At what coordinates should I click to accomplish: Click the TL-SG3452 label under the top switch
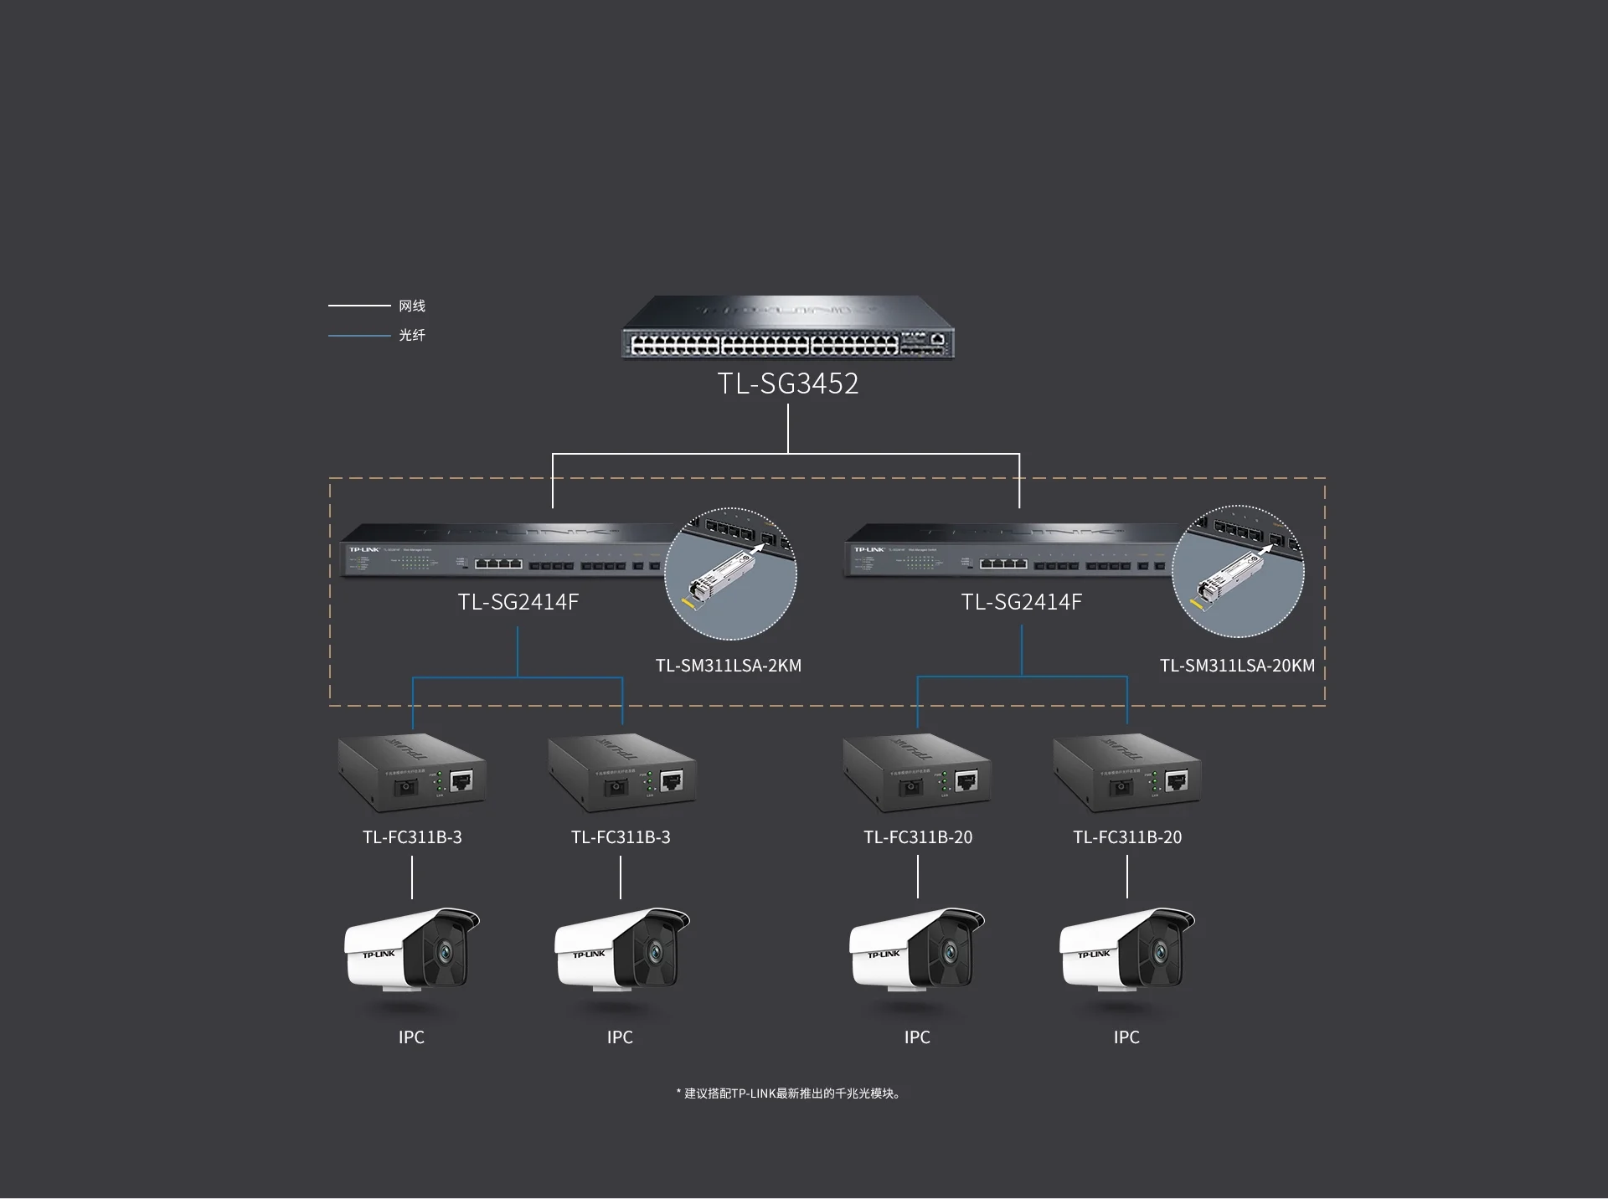[x=788, y=383]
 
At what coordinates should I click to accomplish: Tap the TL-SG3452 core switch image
[x=787, y=329]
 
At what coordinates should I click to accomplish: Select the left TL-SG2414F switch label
[x=518, y=602]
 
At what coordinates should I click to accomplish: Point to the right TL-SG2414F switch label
[x=1021, y=602]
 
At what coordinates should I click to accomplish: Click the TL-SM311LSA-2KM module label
[x=728, y=666]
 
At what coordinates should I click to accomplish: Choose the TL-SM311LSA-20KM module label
[x=1236, y=666]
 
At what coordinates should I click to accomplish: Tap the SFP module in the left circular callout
[x=719, y=579]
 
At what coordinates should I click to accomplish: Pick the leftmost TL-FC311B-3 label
[x=412, y=837]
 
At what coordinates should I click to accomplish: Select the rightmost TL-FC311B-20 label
[x=1127, y=837]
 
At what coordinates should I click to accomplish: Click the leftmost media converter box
[x=411, y=773]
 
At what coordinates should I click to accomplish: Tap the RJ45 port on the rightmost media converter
[x=1177, y=781]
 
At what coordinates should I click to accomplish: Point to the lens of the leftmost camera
[x=444, y=951]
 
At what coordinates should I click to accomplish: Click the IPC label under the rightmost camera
[x=1126, y=1037]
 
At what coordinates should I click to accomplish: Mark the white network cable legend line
[x=359, y=306]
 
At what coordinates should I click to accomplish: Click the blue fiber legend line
[x=359, y=336]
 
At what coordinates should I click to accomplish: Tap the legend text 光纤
[x=412, y=335]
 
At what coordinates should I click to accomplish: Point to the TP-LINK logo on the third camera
[x=883, y=955]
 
